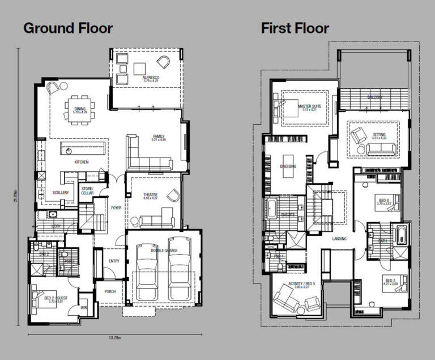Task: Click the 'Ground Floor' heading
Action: point(67,28)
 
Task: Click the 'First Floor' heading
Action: point(295,28)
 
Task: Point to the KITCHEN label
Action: point(82,162)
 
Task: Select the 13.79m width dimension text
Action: point(116,338)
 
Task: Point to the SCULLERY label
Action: point(61,193)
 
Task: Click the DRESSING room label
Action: point(288,166)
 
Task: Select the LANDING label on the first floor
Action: point(339,239)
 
